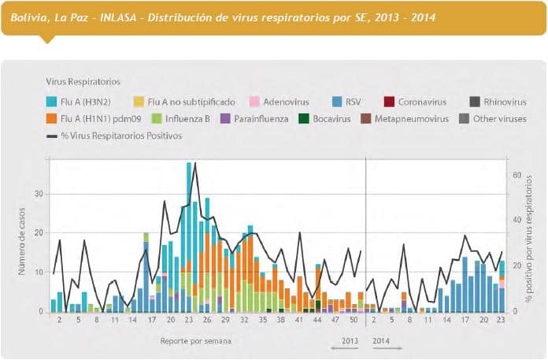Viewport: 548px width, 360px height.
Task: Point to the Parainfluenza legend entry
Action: coord(251,118)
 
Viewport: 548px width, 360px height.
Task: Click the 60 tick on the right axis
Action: coord(517,175)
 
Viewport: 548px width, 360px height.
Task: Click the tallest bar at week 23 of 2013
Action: coord(189,236)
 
